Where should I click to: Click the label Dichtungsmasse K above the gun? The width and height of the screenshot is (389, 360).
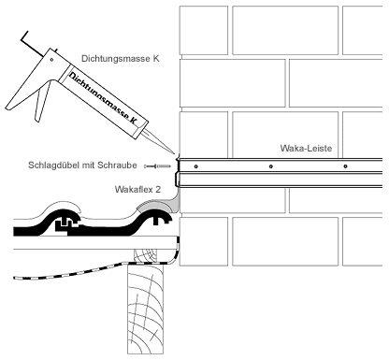(121, 59)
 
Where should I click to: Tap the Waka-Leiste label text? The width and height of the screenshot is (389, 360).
(306, 148)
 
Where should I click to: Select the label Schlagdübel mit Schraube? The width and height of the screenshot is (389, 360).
(82, 165)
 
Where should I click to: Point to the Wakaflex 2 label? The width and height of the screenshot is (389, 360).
(137, 189)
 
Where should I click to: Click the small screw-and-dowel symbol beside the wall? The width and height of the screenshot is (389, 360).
(158, 166)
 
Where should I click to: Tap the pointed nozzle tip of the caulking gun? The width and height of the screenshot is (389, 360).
(175, 154)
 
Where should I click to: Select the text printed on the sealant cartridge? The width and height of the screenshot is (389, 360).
(103, 97)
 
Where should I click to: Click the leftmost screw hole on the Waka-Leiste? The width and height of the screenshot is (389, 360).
(195, 166)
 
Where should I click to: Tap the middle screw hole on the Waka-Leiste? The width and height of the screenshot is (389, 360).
(271, 166)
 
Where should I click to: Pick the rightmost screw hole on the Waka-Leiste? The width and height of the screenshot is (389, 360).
(345, 166)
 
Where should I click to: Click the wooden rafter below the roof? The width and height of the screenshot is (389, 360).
(145, 309)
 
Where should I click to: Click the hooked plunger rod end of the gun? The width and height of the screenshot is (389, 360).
(25, 38)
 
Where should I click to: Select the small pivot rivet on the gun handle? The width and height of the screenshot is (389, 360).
(51, 60)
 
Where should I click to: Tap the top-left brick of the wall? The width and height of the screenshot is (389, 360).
(204, 30)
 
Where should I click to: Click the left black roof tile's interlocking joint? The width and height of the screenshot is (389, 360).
(67, 223)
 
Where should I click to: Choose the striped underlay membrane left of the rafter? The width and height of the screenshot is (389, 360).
(72, 271)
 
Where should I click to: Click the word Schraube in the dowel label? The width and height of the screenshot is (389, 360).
(121, 165)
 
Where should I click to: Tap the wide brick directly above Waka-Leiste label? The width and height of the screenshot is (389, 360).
(285, 135)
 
